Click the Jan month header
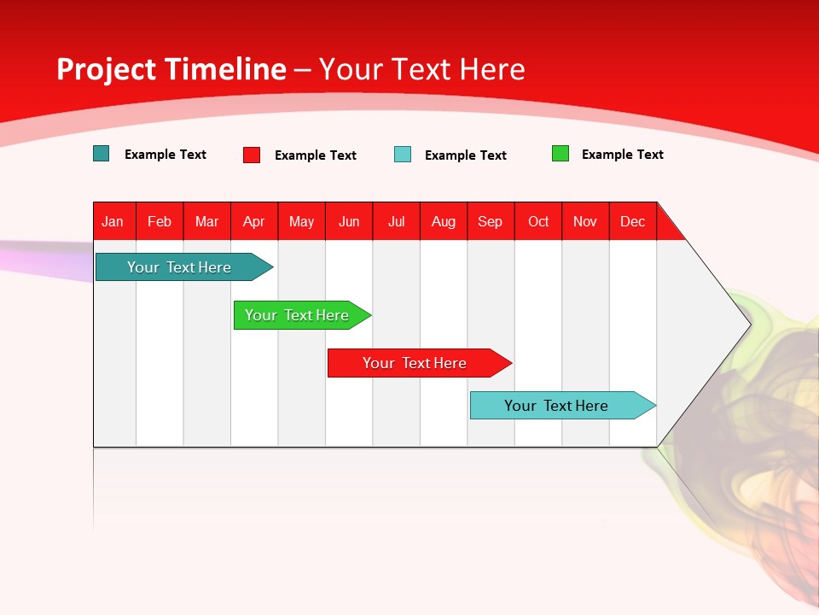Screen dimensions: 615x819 113,221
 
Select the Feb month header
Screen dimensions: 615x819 160,221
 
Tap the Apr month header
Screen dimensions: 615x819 254,221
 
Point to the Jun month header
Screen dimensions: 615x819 349,221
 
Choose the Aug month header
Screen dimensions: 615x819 444,221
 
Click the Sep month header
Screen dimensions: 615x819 491,221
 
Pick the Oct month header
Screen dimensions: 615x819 538,221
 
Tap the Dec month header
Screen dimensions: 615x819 633,221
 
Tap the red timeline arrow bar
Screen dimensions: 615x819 415,363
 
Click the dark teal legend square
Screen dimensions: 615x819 102,154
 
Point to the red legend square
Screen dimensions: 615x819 252,155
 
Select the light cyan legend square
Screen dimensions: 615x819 403,155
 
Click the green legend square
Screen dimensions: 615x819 561,154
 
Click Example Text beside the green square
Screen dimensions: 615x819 622,155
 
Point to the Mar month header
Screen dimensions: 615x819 206,221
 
